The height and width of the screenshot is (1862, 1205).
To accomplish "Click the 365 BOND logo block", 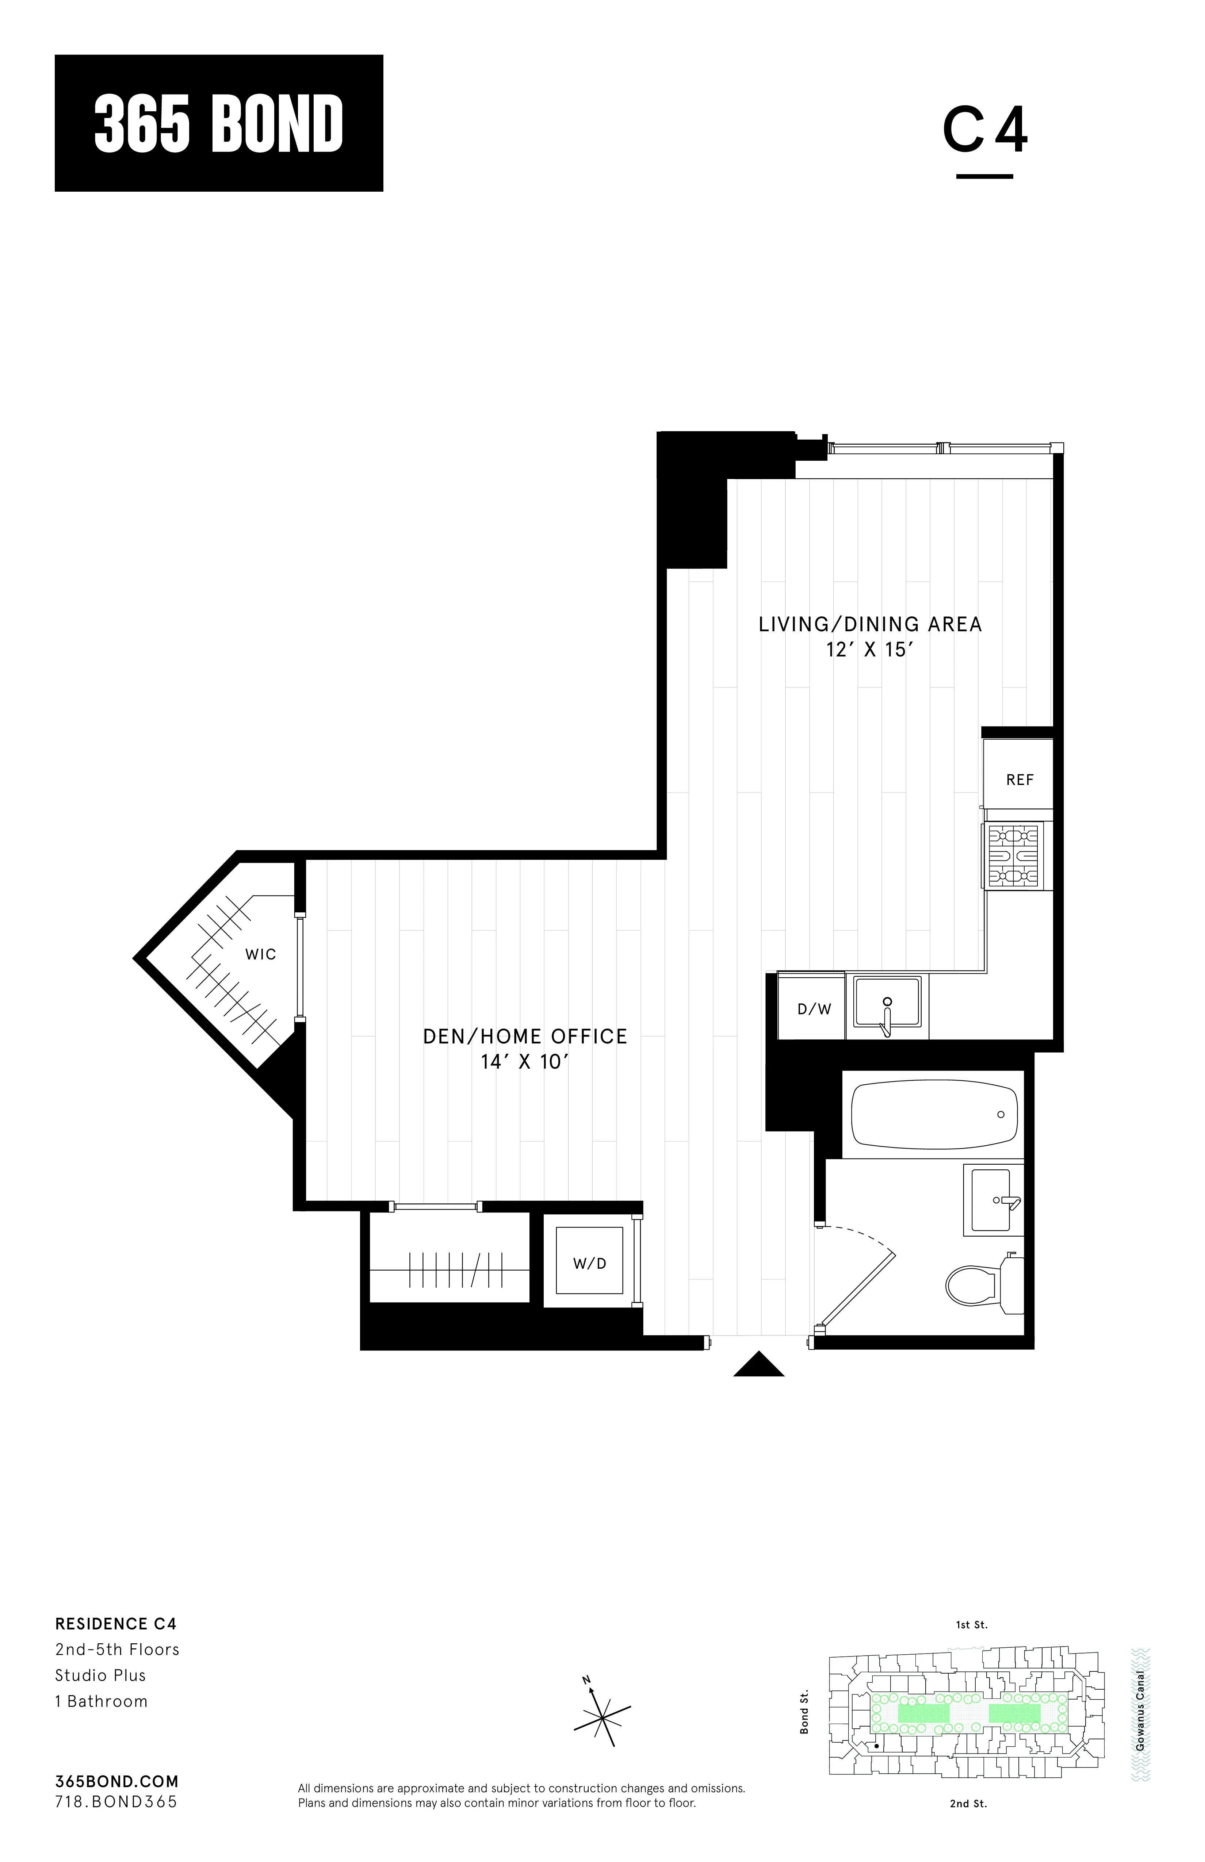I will (218, 123).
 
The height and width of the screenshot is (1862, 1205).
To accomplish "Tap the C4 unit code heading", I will (984, 131).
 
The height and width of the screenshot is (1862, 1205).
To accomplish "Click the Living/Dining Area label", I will (870, 624).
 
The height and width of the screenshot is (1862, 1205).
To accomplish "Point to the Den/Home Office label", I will (525, 1037).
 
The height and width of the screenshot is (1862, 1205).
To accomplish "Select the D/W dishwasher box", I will (814, 1009).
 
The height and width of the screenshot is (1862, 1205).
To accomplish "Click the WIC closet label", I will (261, 954).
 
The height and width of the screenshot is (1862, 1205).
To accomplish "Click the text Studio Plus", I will (100, 1675).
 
